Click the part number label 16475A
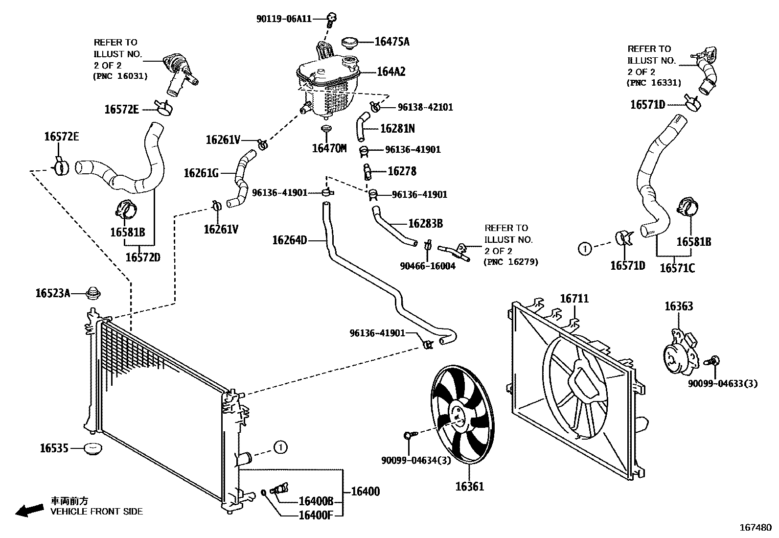pos(392,42)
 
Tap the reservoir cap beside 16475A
pos(349,42)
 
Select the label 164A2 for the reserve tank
pos(391,72)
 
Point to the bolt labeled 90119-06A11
pos(331,19)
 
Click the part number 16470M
pos(329,148)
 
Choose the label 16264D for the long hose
pos(289,240)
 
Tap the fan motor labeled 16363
pos(678,352)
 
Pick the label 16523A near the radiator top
pos(53,293)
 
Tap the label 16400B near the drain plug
pos(316,501)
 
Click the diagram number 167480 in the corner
pos(755,528)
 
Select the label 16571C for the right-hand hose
pos(677,268)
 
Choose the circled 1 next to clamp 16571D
pos(584,248)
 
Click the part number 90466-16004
pos(427,266)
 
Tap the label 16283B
pos(425,224)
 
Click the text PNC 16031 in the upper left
pos(120,76)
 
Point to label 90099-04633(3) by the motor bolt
pos(722,384)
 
